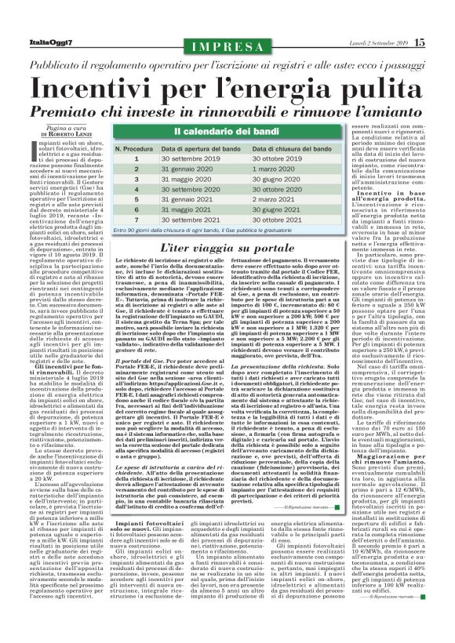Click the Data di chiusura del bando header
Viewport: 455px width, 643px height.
point(298,147)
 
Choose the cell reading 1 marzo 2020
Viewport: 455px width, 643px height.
point(274,169)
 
